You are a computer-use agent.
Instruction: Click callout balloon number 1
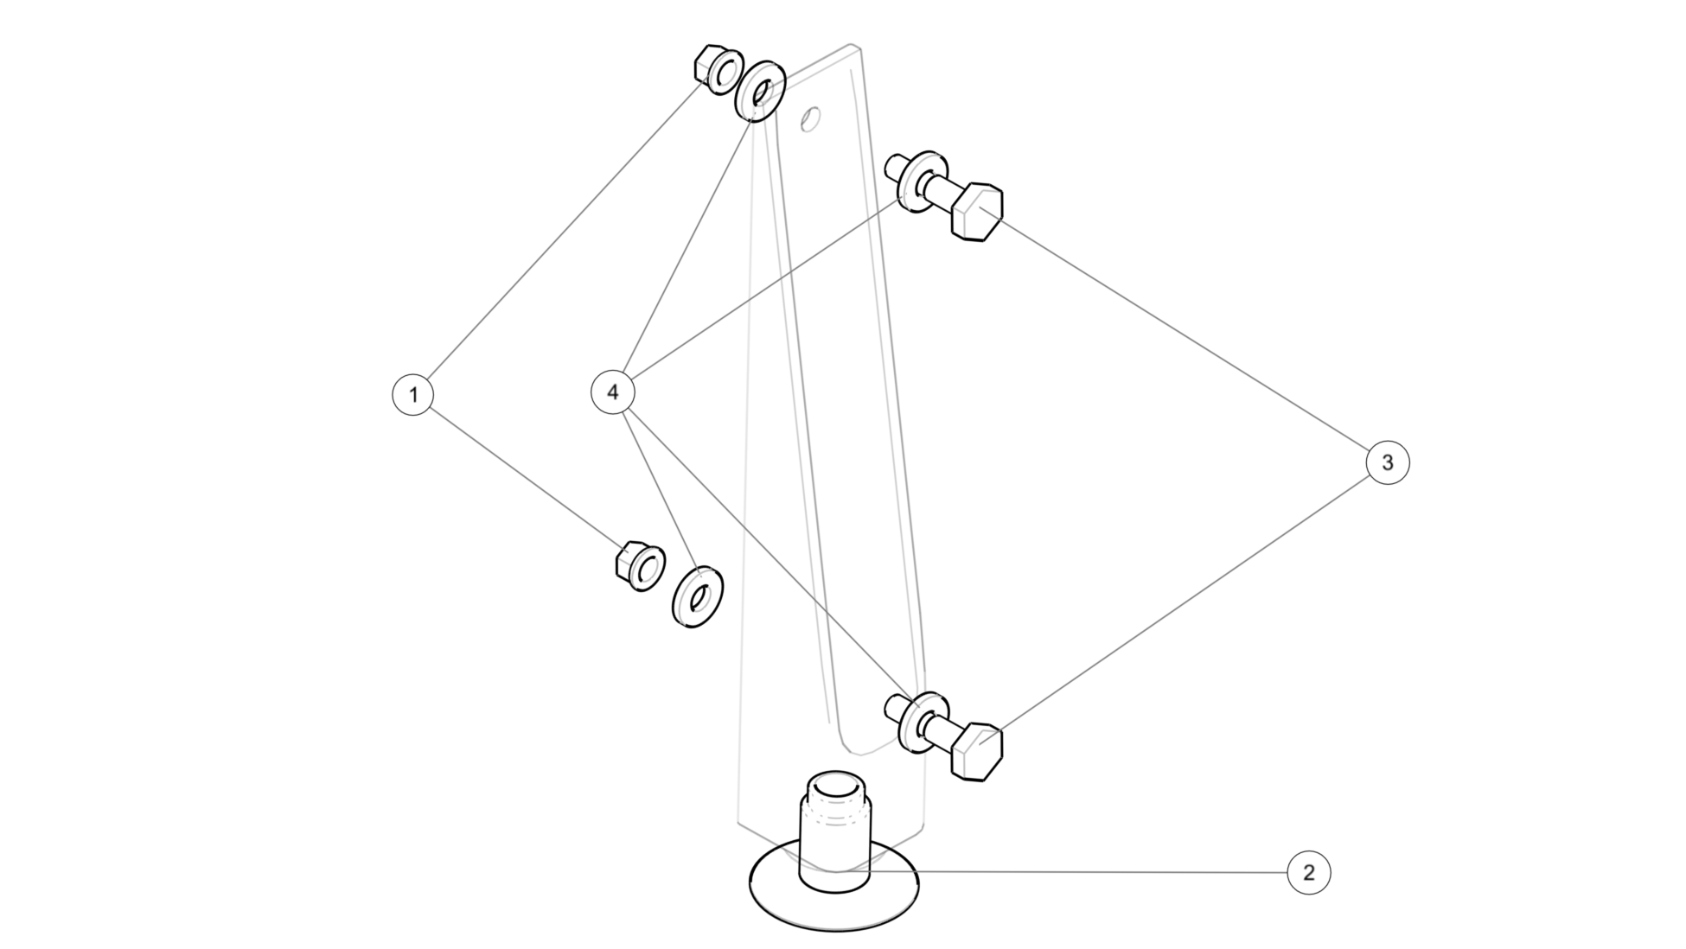point(413,394)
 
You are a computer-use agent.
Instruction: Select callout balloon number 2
point(1308,873)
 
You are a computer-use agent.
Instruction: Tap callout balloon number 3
point(1388,462)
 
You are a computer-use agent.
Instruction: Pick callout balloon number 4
point(612,392)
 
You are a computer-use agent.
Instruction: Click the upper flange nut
point(718,69)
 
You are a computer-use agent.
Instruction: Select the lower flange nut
point(640,567)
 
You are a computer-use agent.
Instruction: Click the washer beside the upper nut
point(760,91)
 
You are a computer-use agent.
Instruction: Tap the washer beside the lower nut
point(697,596)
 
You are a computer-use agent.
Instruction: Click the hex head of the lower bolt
point(977,750)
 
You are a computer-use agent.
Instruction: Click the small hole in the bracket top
point(810,118)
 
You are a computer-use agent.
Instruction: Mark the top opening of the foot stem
point(834,787)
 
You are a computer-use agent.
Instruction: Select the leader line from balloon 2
point(1081,872)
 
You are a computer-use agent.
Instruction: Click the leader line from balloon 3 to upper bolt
point(1185,338)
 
